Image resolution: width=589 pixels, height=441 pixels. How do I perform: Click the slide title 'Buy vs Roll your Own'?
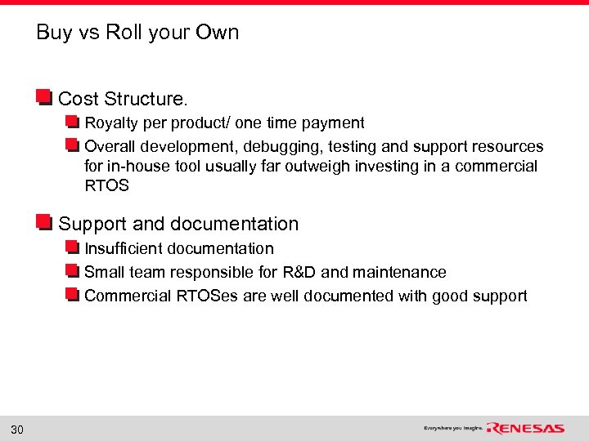(x=137, y=33)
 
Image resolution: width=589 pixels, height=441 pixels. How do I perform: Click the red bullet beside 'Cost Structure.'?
(x=44, y=98)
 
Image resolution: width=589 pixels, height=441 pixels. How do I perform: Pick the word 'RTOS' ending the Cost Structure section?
(x=106, y=186)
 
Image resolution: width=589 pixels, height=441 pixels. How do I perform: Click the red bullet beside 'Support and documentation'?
(x=44, y=223)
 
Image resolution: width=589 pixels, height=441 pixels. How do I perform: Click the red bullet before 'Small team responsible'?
(x=73, y=271)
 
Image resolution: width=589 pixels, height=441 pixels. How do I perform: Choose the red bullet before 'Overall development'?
(x=73, y=146)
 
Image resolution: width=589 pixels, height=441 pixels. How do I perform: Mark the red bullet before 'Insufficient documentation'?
(x=73, y=247)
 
